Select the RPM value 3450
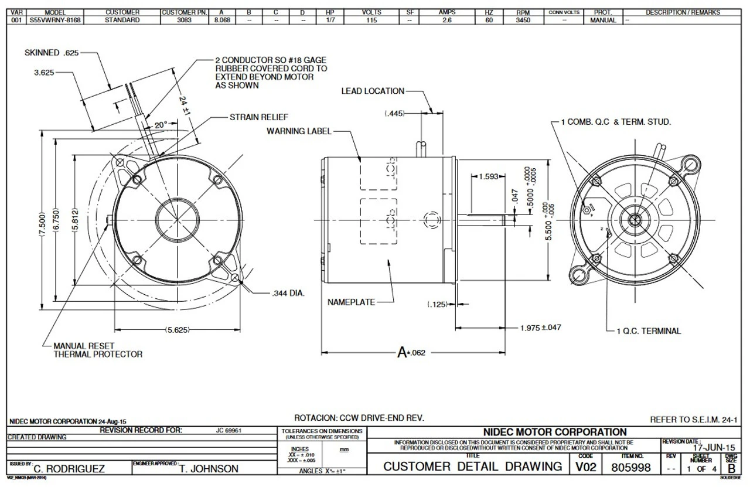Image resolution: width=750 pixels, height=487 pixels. point(523,20)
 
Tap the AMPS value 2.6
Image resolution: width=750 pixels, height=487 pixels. point(447,20)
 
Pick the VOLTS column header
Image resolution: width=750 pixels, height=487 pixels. point(371,12)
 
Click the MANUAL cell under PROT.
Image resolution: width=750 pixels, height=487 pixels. point(602,20)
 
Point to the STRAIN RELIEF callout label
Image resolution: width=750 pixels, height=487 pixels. point(259,117)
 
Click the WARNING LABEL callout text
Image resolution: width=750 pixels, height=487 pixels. point(299,131)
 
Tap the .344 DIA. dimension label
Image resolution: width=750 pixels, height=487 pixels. point(289,292)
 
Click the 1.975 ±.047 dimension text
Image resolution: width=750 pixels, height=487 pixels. point(540,328)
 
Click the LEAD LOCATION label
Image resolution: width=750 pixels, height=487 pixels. point(373,91)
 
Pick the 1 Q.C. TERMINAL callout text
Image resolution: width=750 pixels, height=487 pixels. point(649,331)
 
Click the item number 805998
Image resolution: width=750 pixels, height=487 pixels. point(631,467)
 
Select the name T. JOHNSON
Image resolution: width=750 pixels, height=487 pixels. point(209,469)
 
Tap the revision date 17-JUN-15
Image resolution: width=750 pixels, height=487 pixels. point(714,447)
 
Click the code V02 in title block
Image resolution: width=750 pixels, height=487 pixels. point(585,467)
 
